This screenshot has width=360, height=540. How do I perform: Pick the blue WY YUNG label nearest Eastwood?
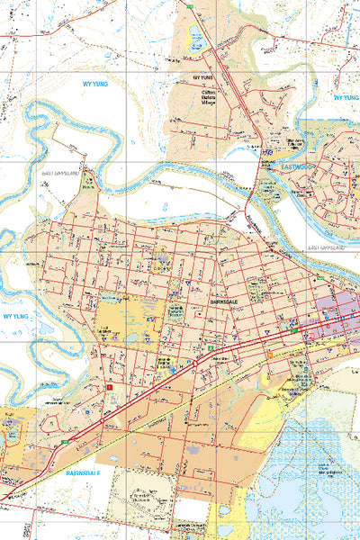[345, 97]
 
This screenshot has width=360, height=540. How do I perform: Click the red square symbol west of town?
[110, 388]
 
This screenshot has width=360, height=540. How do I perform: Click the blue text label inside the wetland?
[331, 469]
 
